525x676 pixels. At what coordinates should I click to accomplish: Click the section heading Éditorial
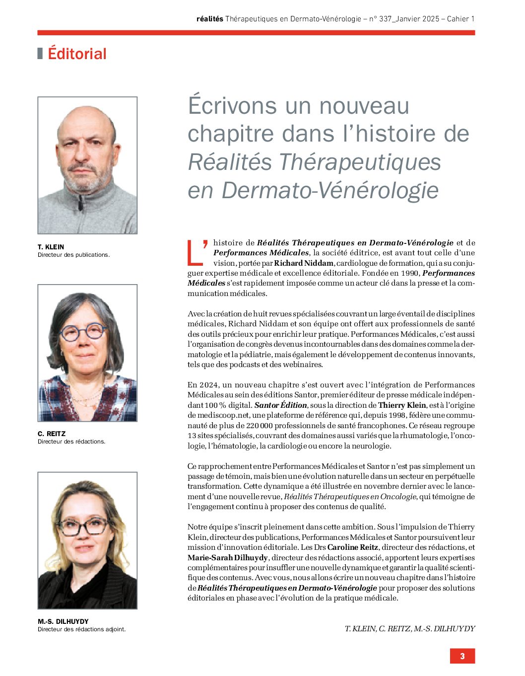77,54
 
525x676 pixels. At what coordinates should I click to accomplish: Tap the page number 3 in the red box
462,656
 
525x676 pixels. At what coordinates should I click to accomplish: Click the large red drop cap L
197,252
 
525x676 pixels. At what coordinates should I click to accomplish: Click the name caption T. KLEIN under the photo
51,247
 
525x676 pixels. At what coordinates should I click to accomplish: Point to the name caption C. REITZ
52,434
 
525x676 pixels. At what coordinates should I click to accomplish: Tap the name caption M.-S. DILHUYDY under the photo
63,621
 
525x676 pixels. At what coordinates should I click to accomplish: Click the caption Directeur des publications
73,255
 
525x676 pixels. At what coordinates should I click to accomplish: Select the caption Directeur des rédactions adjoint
81,629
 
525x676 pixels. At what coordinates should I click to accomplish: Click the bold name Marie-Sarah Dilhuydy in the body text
227,558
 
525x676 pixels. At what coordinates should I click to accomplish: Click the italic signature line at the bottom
409,629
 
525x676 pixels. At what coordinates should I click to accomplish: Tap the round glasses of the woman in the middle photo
83,332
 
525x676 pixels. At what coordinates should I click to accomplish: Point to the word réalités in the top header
209,19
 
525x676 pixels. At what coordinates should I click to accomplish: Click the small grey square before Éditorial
40,54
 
